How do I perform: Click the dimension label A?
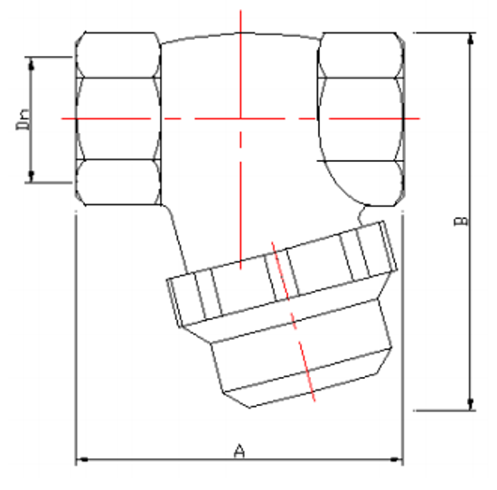(x=239, y=449)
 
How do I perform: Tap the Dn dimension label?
(x=24, y=119)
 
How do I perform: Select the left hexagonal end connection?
(x=118, y=118)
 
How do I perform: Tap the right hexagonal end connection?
(x=361, y=118)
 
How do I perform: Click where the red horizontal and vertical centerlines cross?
(x=240, y=118)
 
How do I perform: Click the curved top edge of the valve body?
(x=240, y=36)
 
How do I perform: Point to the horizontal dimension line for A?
(x=163, y=461)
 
